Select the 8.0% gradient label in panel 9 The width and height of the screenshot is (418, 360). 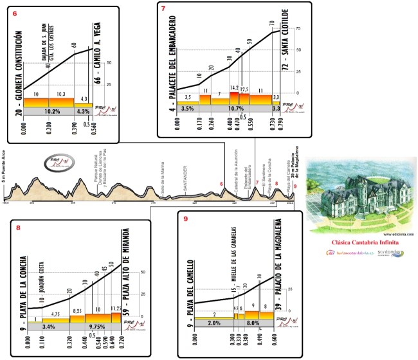coord(253,323)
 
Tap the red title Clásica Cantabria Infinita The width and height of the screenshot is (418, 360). coord(363,244)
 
